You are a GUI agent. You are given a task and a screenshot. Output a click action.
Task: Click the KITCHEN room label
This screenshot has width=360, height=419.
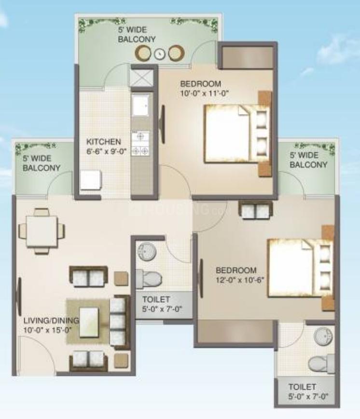pyautogui.click(x=103, y=142)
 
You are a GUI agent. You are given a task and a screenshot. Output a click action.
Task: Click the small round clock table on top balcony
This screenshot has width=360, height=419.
pyautogui.click(x=160, y=54)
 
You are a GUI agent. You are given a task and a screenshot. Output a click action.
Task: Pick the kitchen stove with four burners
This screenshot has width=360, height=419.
pyautogui.click(x=141, y=144)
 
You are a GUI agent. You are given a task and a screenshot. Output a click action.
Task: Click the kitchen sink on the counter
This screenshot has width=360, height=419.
pyautogui.click(x=141, y=106)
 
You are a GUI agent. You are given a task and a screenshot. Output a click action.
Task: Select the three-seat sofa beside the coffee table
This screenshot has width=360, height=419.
pyautogui.click(x=118, y=321)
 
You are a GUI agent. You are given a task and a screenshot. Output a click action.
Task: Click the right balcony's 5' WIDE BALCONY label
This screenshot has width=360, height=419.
pyautogui.click(x=308, y=160)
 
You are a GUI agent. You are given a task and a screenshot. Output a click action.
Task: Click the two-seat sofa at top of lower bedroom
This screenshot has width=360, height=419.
pyautogui.click(x=255, y=210)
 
